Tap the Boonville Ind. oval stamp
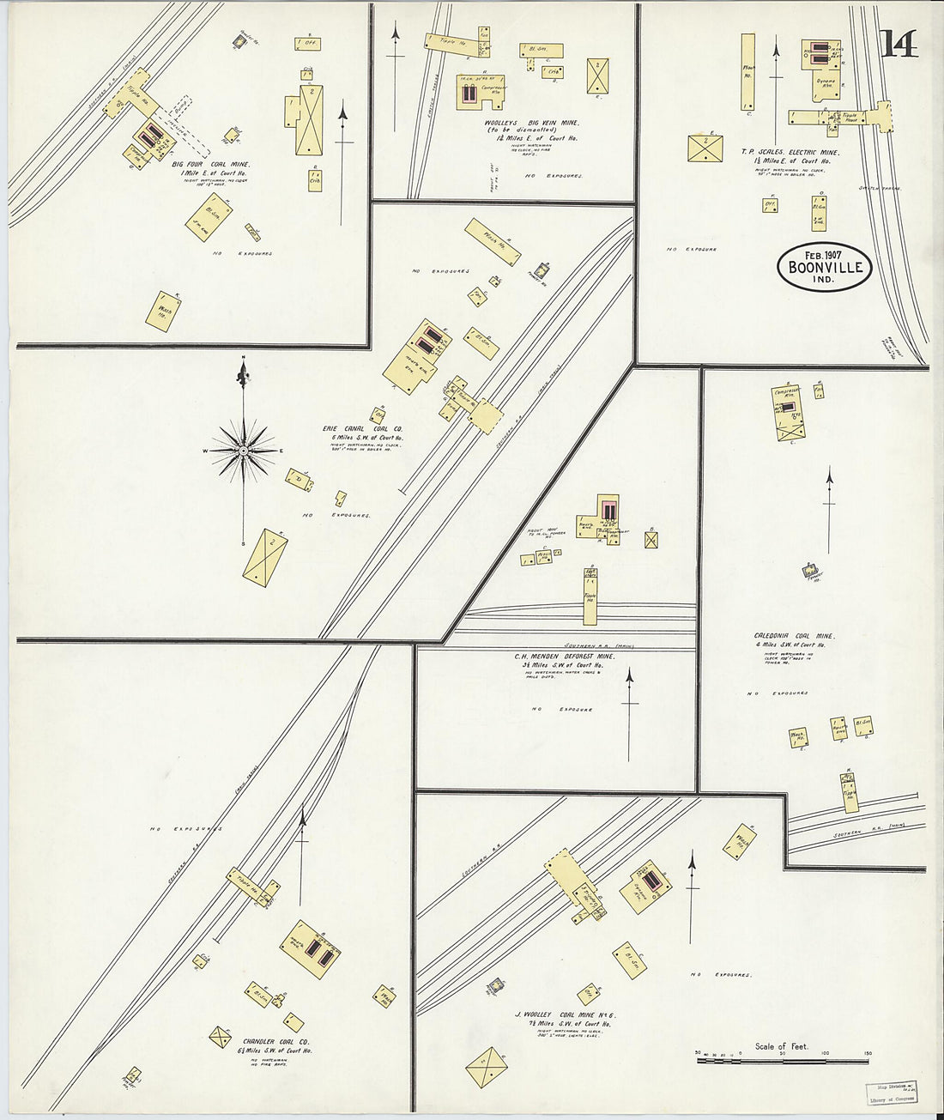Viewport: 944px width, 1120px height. [825, 267]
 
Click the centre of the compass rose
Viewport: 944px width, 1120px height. [244, 451]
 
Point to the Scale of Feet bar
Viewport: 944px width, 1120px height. [784, 1061]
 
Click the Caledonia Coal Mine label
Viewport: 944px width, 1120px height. [795, 636]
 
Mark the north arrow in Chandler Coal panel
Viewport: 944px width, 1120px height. [302, 858]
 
